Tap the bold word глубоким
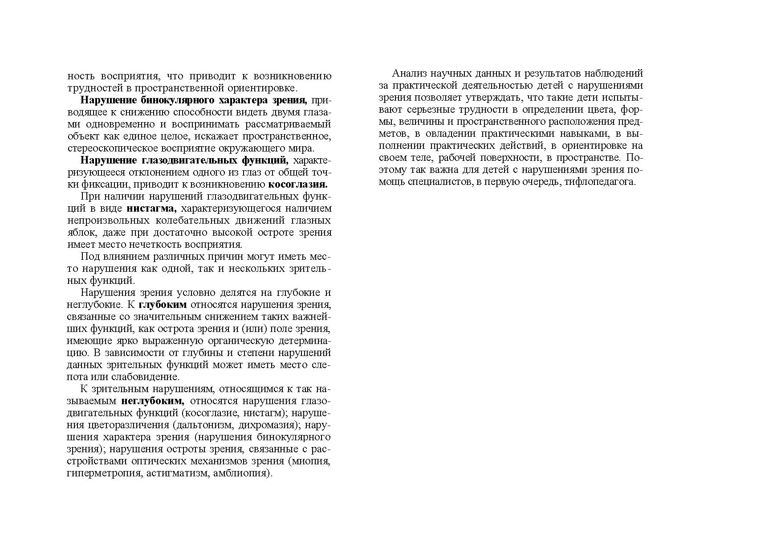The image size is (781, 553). (x=163, y=305)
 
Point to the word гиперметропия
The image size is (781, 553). (x=105, y=473)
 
